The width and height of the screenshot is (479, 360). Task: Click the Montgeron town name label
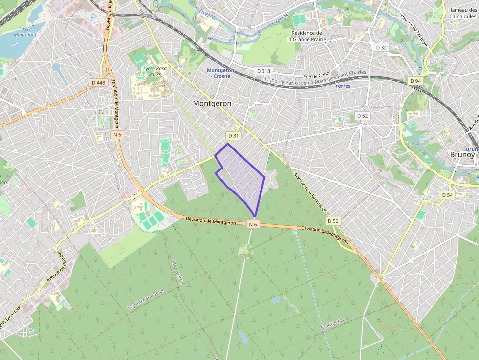pyautogui.click(x=212, y=104)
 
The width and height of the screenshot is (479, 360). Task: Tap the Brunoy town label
pyautogui.click(x=462, y=154)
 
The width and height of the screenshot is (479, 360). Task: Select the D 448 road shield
pyautogui.click(x=98, y=83)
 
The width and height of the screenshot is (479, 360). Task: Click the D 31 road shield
pyautogui.click(x=234, y=135)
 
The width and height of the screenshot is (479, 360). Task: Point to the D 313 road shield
pyautogui.click(x=263, y=71)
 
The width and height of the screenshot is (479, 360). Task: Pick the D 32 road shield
pyautogui.click(x=381, y=47)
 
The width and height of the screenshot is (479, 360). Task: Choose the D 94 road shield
pyautogui.click(x=415, y=81)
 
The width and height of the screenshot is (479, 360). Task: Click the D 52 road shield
pyautogui.click(x=362, y=116)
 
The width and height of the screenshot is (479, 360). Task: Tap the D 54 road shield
pyautogui.click(x=447, y=195)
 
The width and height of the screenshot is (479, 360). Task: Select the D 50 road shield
pyautogui.click(x=333, y=221)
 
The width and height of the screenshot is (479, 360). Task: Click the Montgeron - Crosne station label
pyautogui.click(x=221, y=73)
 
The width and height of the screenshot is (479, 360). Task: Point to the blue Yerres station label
pyautogui.click(x=343, y=86)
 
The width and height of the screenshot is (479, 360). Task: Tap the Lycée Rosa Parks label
pyautogui.click(x=155, y=71)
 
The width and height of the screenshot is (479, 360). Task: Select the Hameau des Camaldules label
pyautogui.click(x=462, y=13)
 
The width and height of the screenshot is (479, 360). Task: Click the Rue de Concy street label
pyautogui.click(x=317, y=76)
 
